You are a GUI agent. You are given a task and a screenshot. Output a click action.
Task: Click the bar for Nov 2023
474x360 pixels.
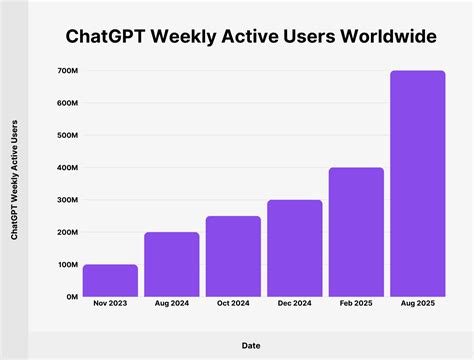110,281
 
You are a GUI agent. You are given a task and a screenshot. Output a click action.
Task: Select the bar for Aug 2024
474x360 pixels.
172,265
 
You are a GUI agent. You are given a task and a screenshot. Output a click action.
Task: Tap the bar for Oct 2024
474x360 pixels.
233,257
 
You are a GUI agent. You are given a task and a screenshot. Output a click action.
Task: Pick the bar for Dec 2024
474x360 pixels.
295,249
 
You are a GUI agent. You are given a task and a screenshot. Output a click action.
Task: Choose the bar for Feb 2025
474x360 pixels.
356,232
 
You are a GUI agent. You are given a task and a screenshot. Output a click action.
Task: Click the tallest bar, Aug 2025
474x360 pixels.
418,184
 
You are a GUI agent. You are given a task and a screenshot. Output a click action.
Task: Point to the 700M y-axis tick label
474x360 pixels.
67,71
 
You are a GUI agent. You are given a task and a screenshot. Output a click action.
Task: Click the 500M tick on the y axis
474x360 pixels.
67,135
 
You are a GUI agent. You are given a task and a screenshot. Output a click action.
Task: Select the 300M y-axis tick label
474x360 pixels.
67,200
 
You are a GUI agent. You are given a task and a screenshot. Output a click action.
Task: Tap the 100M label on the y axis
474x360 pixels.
67,265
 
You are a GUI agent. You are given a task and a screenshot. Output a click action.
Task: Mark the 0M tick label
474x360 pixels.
71,297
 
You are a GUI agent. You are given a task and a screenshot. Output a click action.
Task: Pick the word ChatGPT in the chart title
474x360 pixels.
104,37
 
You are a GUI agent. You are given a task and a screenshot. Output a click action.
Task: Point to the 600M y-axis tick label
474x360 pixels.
67,103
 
